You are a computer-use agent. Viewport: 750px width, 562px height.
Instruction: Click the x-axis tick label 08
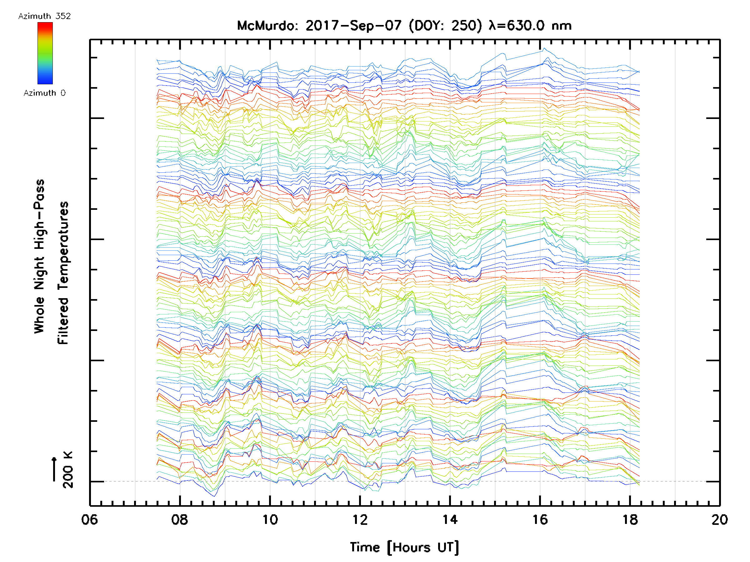click(180, 519)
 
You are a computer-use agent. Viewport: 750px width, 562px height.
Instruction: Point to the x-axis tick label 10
click(270, 519)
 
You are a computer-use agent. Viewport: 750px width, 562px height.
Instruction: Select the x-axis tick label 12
click(360, 519)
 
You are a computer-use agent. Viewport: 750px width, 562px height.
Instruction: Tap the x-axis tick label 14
click(450, 519)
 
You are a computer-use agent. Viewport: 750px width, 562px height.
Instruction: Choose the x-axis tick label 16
click(540, 519)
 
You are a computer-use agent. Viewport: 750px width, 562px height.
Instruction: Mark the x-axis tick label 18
click(630, 519)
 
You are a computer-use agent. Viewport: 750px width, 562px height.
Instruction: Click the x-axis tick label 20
click(719, 519)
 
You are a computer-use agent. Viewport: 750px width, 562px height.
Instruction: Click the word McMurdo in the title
click(267, 26)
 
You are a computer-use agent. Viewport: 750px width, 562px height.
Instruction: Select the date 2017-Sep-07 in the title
click(354, 26)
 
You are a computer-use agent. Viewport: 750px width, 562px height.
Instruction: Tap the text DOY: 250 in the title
click(445, 26)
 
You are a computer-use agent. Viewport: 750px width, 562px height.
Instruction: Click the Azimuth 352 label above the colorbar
click(44, 16)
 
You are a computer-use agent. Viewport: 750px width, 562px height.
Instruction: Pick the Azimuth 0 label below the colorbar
click(44, 93)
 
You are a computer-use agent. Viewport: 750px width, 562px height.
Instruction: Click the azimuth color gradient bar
click(45, 53)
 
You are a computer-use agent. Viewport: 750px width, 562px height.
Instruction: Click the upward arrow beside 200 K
click(54, 469)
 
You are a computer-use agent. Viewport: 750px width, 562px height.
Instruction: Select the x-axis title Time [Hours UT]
click(404, 547)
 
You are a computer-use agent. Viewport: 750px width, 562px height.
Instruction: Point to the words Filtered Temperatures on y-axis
click(63, 273)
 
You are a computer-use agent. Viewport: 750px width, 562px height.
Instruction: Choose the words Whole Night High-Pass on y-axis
click(39, 256)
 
